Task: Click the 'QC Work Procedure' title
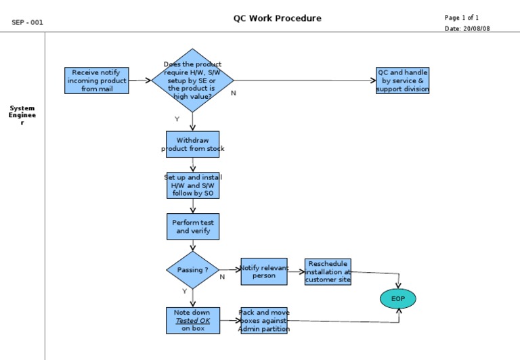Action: (277, 18)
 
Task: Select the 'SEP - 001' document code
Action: (27, 22)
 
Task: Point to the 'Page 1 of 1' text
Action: (462, 18)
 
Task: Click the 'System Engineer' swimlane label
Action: (22, 115)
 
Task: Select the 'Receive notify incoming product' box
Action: (97, 81)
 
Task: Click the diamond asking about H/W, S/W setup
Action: (192, 81)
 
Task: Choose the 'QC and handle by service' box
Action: (402, 81)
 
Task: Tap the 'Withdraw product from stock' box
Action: (192, 144)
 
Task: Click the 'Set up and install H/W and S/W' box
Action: (193, 185)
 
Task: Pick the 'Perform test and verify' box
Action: (193, 227)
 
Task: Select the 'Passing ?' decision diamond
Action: (192, 270)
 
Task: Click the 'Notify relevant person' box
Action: (264, 271)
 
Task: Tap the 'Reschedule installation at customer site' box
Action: (328, 271)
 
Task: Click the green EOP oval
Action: (397, 298)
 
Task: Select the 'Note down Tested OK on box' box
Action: (193, 321)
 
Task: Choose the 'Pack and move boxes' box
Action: (264, 321)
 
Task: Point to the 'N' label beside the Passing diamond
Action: (221, 277)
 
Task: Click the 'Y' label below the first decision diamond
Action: (177, 119)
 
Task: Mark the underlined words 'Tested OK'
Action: (193, 321)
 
